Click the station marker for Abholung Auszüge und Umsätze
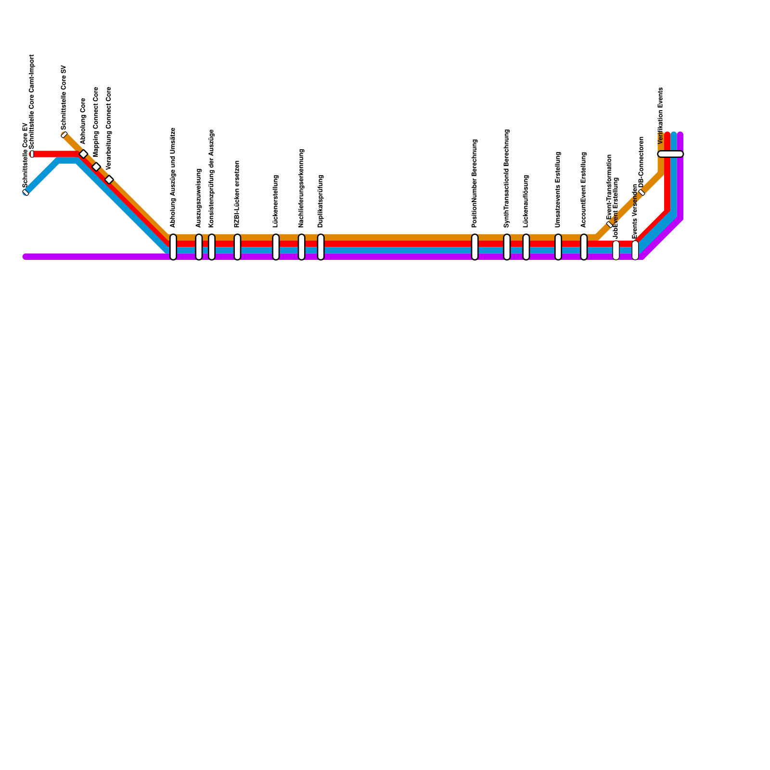click(173, 247)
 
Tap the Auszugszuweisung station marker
click(199, 247)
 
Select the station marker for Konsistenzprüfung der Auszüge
click(212, 247)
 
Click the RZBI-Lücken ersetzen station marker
click(237, 247)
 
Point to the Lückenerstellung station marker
click(276, 247)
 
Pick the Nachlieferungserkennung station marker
click(301, 247)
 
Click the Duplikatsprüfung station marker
click(321, 247)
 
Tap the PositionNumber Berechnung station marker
click(475, 247)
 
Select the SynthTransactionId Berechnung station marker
click(507, 247)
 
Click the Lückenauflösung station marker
click(526, 247)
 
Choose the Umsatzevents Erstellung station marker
click(558, 247)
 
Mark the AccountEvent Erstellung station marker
click(584, 247)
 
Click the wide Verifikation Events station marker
click(670, 154)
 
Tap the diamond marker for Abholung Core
click(83, 154)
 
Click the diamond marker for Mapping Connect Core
click(96, 167)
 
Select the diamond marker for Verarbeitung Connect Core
click(109, 180)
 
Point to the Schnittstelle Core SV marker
click(64, 135)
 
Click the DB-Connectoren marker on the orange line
click(642, 192)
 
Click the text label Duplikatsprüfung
click(321, 201)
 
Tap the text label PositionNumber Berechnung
click(475, 183)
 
